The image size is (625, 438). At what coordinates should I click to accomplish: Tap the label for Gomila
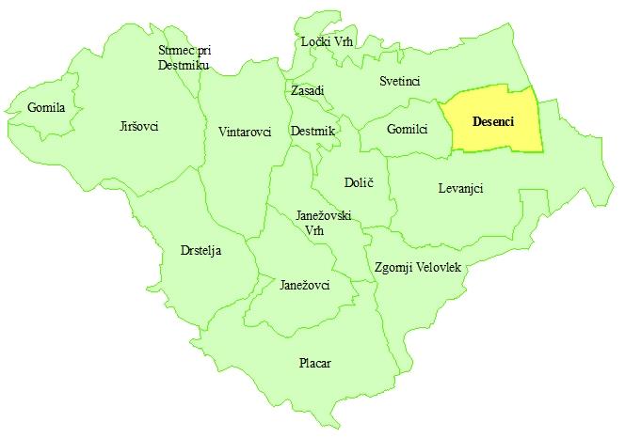click(x=46, y=108)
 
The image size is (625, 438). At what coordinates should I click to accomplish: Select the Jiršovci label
click(x=140, y=126)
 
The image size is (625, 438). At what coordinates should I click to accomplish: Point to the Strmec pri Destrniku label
click(x=184, y=57)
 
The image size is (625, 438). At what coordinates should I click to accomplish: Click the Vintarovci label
click(x=244, y=132)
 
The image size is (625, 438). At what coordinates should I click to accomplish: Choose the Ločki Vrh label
click(x=326, y=42)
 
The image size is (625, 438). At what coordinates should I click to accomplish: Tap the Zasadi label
click(x=307, y=90)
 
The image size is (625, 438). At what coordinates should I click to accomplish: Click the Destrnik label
click(x=313, y=132)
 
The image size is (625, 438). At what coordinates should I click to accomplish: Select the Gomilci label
click(x=407, y=129)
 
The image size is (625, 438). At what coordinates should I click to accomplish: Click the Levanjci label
click(x=460, y=188)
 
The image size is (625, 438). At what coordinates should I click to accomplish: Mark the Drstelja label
click(x=200, y=251)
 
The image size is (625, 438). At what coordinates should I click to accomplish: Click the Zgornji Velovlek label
click(x=417, y=267)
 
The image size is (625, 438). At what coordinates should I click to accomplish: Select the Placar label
click(x=314, y=364)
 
